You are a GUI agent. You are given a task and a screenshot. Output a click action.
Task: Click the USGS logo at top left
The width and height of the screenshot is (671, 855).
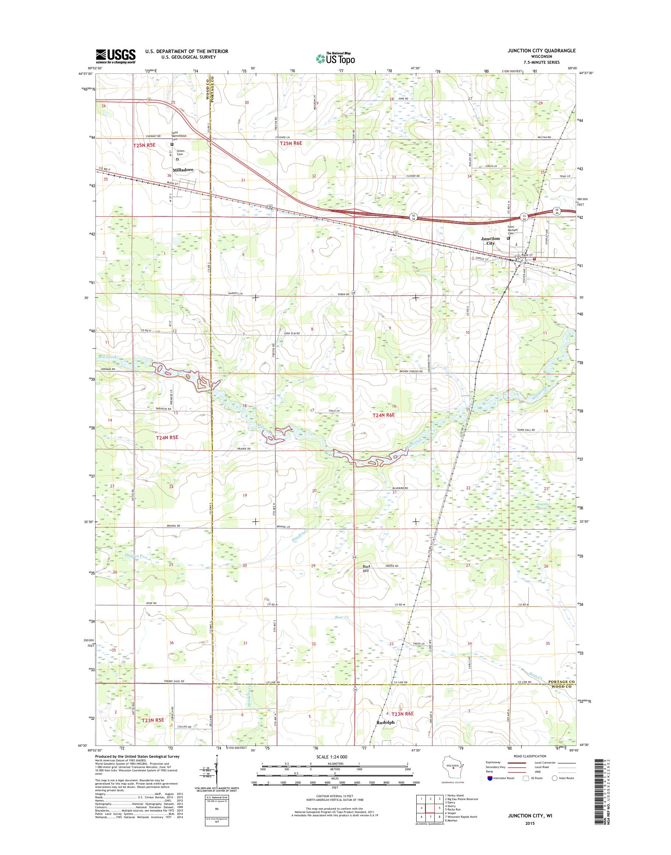point(116,56)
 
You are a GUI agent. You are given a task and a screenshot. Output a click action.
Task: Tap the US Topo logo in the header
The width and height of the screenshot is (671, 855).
point(335,58)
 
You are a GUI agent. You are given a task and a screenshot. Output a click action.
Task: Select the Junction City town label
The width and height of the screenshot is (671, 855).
point(490,241)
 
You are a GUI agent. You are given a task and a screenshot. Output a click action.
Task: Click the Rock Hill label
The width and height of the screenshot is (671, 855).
point(366,568)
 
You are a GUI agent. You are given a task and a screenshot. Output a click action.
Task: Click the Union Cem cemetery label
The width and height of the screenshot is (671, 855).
point(180,152)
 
